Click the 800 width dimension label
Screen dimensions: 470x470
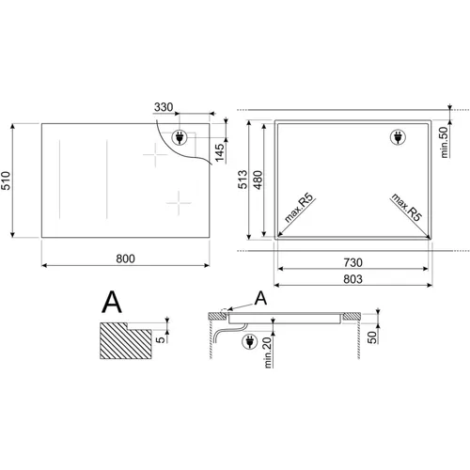pyautogui.click(x=125, y=258)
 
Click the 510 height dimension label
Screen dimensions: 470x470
pyautogui.click(x=6, y=180)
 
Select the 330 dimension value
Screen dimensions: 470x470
pyautogui.click(x=164, y=107)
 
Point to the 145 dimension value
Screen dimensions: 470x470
pyautogui.click(x=220, y=152)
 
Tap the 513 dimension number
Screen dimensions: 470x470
pyautogui.click(x=243, y=180)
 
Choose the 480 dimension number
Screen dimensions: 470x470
pyautogui.click(x=258, y=180)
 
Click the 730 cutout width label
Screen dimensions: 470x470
pyautogui.click(x=352, y=262)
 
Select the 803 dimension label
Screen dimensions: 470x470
pyautogui.click(x=352, y=279)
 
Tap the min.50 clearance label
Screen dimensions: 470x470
pyautogui.click(x=445, y=142)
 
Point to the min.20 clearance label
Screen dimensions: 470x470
pyautogui.click(x=268, y=352)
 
